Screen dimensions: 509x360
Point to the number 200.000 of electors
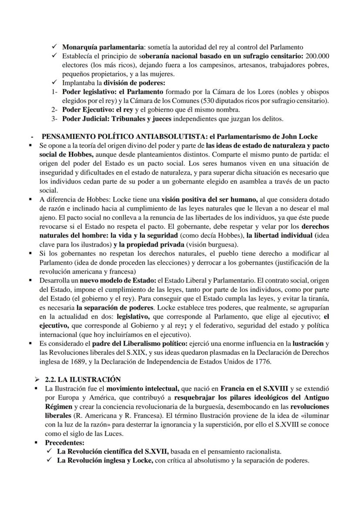pos(317,56)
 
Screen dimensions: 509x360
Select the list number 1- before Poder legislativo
pos(54,92)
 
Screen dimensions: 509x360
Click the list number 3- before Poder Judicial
pos(54,119)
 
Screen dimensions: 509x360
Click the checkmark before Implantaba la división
pos(54,83)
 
